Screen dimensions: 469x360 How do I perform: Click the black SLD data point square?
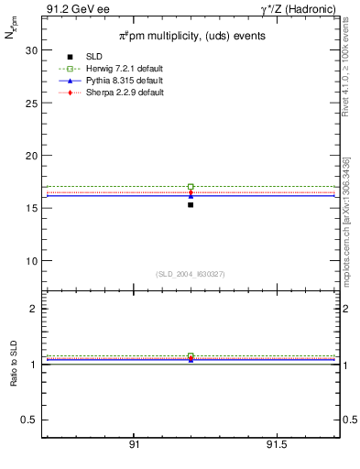click(191, 204)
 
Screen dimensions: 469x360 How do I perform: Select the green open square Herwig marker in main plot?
click(191, 187)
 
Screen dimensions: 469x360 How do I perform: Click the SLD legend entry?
click(95, 58)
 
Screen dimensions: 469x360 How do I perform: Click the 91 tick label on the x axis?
click(134, 444)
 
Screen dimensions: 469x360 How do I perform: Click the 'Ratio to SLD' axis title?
click(12, 365)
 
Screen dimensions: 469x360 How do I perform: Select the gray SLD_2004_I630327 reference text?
click(190, 274)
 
